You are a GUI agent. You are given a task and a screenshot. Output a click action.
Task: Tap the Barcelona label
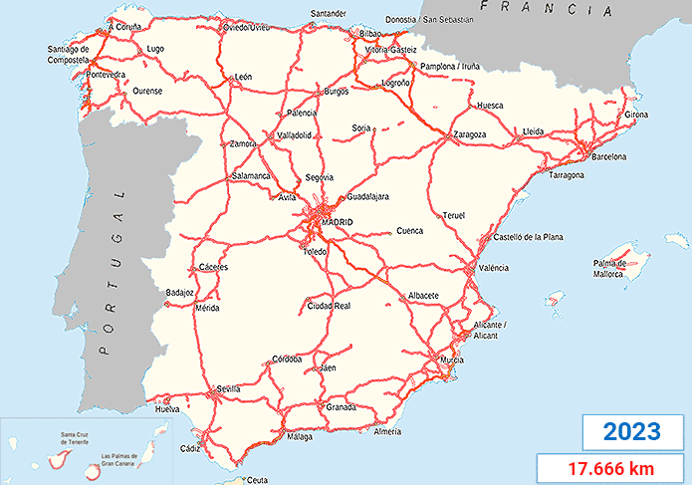607,157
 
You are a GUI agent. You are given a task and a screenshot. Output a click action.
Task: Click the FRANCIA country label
544,10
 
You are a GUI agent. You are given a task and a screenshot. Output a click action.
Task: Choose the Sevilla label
230,388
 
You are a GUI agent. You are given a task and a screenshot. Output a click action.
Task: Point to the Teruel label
454,215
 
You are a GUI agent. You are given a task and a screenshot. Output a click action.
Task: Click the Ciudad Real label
329,305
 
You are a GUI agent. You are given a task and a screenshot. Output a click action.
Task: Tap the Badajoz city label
180,292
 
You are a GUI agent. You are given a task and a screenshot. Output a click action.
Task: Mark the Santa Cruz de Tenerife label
79,438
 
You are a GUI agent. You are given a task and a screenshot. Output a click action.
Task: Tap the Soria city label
361,127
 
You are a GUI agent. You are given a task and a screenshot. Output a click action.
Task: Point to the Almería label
386,431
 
